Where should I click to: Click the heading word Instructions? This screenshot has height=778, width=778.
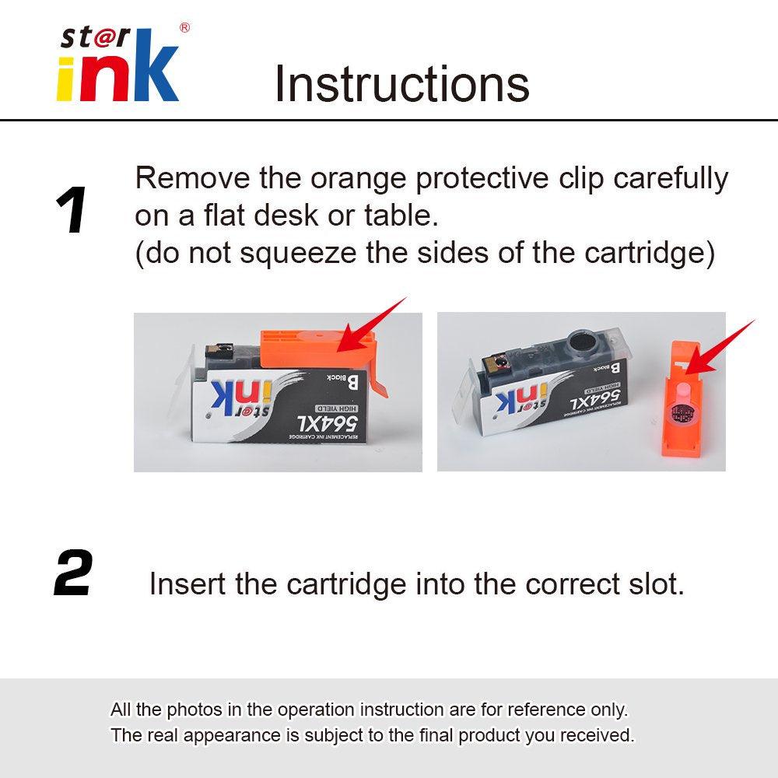(401, 84)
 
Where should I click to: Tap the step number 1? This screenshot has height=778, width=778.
(71, 212)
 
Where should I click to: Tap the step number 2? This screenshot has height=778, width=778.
(73, 574)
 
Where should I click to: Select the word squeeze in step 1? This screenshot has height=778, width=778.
(299, 254)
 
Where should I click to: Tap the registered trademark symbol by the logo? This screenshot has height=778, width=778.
(184, 28)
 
